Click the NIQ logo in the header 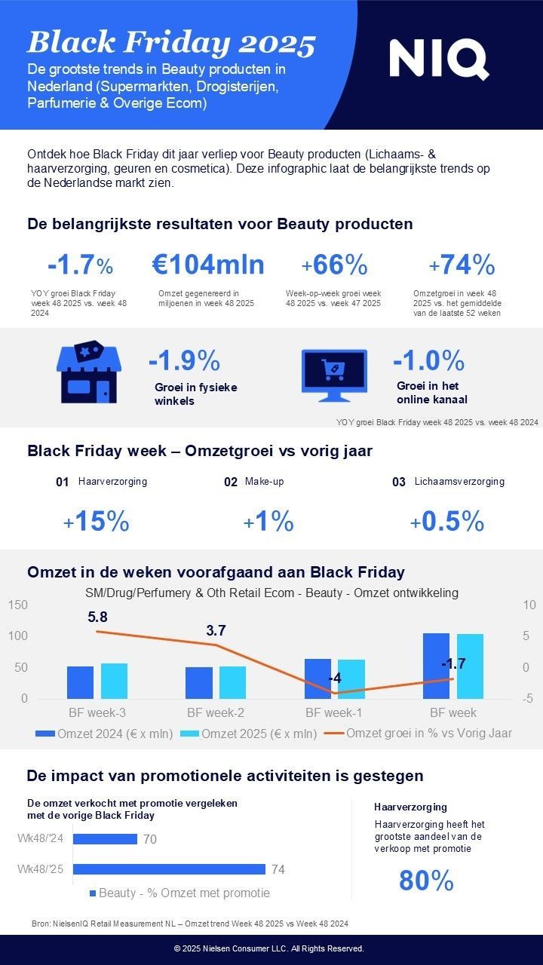[x=438, y=60]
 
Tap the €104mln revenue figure [x=208, y=265]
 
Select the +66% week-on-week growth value [x=334, y=265]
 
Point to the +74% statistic [x=462, y=265]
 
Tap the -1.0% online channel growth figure [x=428, y=361]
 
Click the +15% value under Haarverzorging [x=96, y=522]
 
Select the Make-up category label [x=263, y=481]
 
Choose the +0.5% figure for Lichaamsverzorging [x=446, y=522]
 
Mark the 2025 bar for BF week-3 [x=114, y=681]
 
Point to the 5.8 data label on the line [x=98, y=617]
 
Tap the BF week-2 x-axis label [x=216, y=712]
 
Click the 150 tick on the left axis [x=17, y=605]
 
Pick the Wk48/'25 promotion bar [x=169, y=869]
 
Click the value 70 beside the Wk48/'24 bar [x=149, y=839]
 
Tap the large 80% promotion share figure [x=426, y=881]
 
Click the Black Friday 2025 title [x=171, y=44]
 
